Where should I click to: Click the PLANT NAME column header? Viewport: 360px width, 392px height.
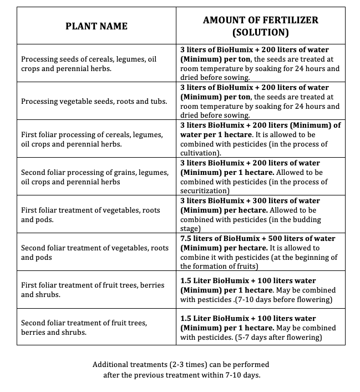click(x=97, y=26)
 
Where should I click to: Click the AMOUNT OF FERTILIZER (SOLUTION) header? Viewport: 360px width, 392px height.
click(x=260, y=26)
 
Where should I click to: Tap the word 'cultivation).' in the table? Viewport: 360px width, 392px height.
click(x=201, y=153)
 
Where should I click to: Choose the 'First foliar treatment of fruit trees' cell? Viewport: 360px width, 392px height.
click(x=93, y=290)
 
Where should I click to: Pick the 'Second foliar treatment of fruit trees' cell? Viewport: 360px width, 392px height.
click(x=84, y=328)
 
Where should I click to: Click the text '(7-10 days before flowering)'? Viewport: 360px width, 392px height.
click(x=283, y=300)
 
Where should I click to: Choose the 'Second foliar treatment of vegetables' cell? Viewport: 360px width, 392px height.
click(x=95, y=252)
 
